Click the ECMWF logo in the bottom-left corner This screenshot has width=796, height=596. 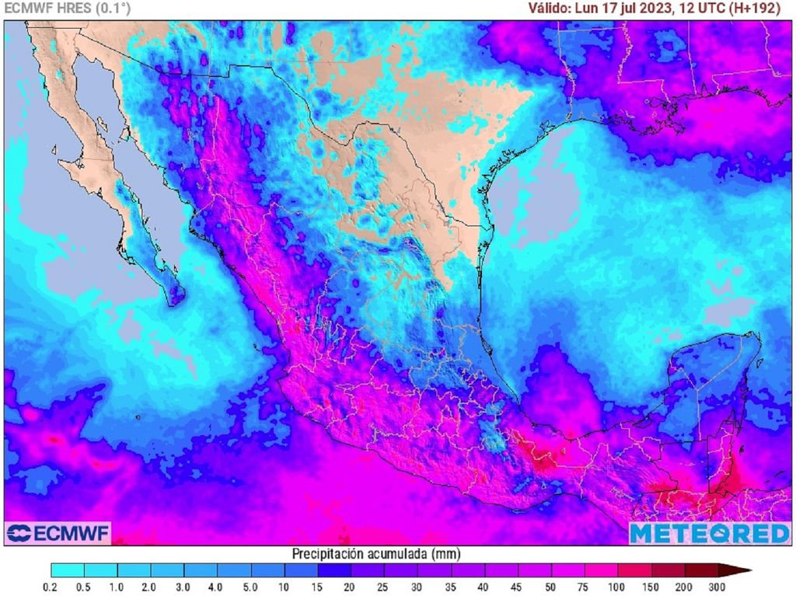pos(58,533)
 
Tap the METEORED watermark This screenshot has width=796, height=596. pos(709,533)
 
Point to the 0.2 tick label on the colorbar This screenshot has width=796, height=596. pos(51,587)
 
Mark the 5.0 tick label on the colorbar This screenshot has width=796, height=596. pos(251,587)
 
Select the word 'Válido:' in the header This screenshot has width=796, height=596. pos(549,9)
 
